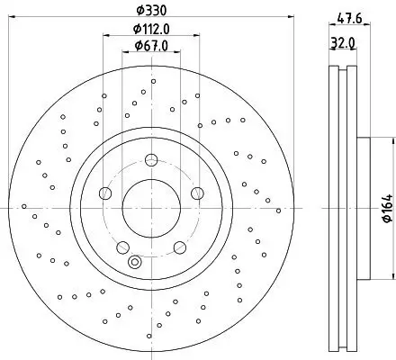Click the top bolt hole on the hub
point(150,160)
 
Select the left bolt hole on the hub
point(105,193)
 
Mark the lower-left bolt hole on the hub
point(122,246)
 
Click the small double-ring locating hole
point(135,263)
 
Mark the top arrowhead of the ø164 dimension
point(393,140)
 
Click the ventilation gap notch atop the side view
point(343,68)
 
